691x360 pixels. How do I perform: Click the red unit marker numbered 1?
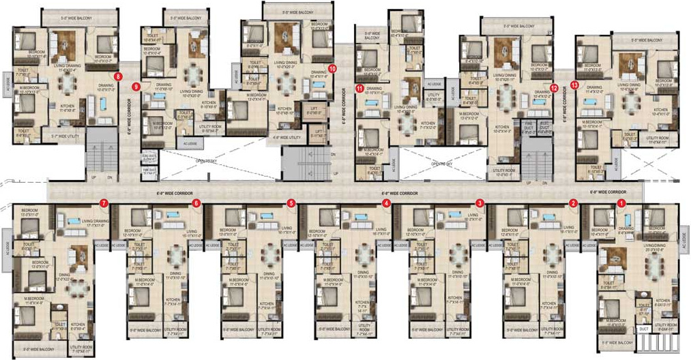click(621, 202)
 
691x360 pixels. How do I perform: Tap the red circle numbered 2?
click(573, 202)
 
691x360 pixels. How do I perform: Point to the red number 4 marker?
click(386, 202)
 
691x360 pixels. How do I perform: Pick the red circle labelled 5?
click(291, 202)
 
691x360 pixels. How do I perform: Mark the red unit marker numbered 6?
click(196, 202)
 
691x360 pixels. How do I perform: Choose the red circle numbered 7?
click(103, 202)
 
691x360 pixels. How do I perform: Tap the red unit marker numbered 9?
click(136, 87)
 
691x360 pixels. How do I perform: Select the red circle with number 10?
click(332, 68)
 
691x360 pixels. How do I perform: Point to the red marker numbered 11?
click(359, 87)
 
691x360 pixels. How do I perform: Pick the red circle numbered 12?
click(554, 87)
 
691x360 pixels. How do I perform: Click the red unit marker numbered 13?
click(574, 85)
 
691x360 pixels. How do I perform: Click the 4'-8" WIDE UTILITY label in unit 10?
click(286, 138)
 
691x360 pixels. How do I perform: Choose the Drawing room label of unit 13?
click(593, 88)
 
